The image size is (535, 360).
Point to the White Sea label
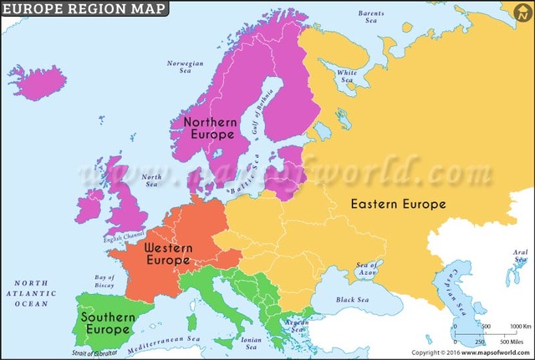pos(347,76)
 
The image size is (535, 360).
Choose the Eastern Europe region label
pos(397,204)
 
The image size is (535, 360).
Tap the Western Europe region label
pos(169,254)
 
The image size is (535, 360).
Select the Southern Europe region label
pos(105,322)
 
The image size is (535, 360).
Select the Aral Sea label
pos(520,255)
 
